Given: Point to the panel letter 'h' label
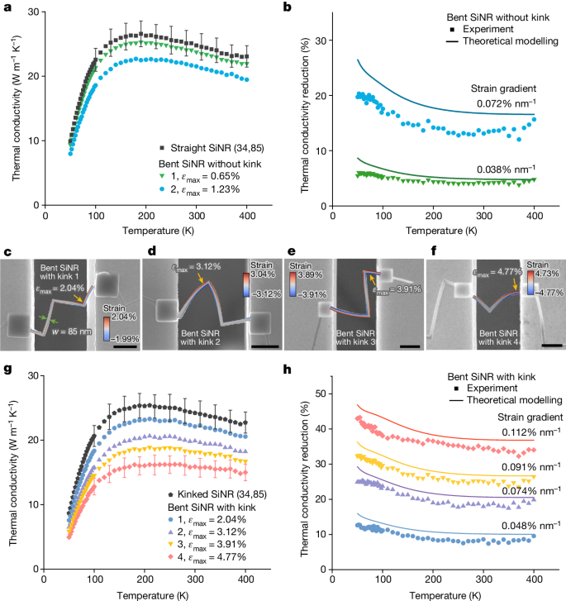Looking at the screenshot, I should [285, 372].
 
